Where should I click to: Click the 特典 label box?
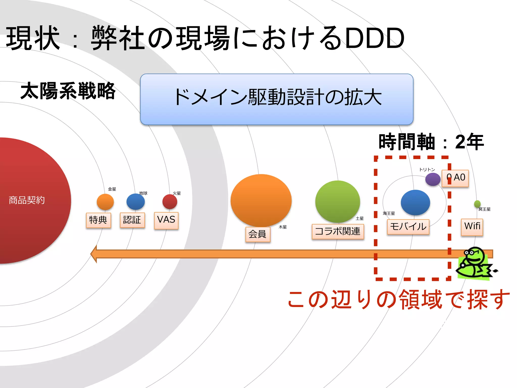pos(98,220)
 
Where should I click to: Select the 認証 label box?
pos(132,220)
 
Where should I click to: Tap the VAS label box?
pos(166,220)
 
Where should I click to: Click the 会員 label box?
pos(257,234)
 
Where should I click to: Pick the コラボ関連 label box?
pos(338,231)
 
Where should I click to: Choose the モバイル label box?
pos(408,227)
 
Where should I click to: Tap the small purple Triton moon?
pos(433,179)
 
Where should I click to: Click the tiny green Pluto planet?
pos(477,204)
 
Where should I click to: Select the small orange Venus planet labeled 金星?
pos(105,202)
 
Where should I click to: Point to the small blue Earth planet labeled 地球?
pos(136,202)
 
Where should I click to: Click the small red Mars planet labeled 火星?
pos(170,202)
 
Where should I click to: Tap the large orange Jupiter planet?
pos(261,200)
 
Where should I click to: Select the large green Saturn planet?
pos(338,201)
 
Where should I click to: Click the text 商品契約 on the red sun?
pos(27,200)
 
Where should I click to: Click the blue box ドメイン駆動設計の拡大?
pos(277,99)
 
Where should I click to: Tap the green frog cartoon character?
pos(475,263)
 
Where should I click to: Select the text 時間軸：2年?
pos(431,142)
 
